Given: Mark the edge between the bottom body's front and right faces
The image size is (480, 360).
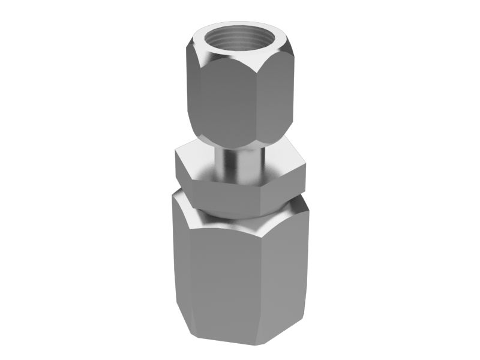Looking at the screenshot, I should [x=265, y=282].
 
